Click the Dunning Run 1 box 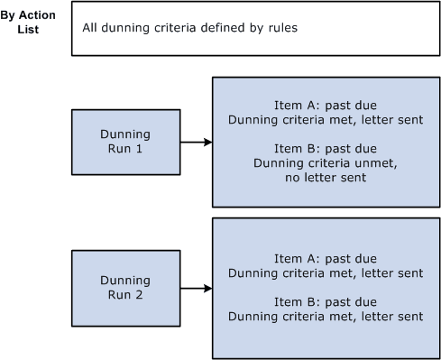click(125, 142)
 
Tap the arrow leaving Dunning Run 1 click(196, 142)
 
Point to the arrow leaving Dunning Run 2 click(196, 288)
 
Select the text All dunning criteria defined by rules click(189, 27)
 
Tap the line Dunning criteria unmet click(326, 163)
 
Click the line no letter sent click(326, 178)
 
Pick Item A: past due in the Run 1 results click(326, 105)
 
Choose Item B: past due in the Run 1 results click(326, 149)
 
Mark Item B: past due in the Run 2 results click(326, 302)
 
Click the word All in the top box click(90, 27)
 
